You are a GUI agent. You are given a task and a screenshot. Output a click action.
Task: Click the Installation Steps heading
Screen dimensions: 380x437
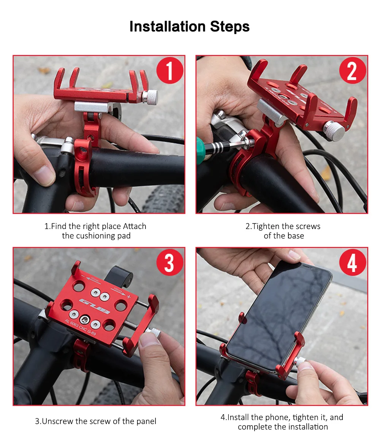pos(190,27)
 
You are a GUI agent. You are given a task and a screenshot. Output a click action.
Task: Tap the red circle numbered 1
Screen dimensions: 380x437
pos(169,70)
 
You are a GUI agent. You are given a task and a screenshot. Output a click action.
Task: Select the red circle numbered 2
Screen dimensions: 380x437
pos(353,70)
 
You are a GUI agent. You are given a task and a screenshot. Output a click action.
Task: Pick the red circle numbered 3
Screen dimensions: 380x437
pos(169,262)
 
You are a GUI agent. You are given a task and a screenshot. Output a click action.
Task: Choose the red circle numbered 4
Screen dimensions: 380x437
pos(353,262)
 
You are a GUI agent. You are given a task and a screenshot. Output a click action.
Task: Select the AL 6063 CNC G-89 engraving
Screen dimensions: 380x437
pos(81,327)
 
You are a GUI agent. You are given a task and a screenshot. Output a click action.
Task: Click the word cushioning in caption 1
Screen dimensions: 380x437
pos(96,236)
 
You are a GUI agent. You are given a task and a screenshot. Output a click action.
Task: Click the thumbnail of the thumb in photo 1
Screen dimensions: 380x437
pos(44,175)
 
